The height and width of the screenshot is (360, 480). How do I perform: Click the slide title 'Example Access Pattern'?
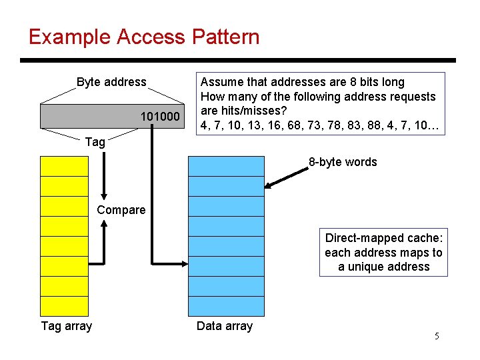(x=144, y=37)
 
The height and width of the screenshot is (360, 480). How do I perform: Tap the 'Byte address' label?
(x=111, y=82)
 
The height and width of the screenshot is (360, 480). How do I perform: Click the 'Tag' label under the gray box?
(x=95, y=141)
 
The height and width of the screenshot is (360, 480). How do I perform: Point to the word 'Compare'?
(x=121, y=210)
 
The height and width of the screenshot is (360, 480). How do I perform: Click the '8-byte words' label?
(x=343, y=162)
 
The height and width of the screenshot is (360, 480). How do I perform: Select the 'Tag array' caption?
(x=67, y=326)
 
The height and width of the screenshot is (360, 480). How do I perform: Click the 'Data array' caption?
(x=225, y=326)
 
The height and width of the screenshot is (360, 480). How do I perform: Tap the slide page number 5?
(x=437, y=336)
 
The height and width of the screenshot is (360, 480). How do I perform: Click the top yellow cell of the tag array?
(x=64, y=166)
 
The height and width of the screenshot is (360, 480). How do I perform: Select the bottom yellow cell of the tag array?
(x=64, y=306)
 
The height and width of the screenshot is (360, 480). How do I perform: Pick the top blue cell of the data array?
(x=226, y=166)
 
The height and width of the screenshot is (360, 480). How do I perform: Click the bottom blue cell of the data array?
(x=226, y=306)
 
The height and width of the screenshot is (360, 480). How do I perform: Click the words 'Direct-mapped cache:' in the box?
(x=383, y=238)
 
